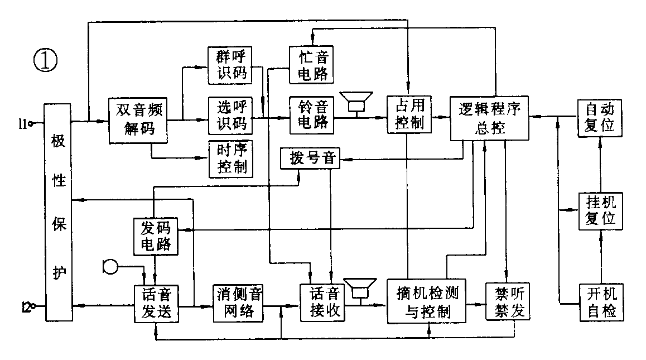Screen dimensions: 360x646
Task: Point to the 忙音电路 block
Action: click(311, 65)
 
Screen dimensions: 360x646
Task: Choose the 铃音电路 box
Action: click(311, 116)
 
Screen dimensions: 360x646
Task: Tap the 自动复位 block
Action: click(599, 116)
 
